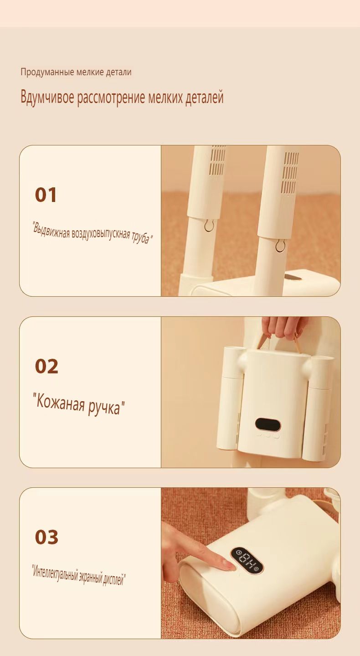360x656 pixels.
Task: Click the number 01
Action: pyautogui.click(x=46, y=195)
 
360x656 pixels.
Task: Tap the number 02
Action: pyautogui.click(x=46, y=367)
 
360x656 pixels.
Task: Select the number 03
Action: pyautogui.click(x=46, y=537)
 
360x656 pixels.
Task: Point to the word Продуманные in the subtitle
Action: pyautogui.click(x=47, y=72)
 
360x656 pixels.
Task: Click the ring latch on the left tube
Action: pyautogui.click(x=209, y=226)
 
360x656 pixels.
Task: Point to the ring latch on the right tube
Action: pyautogui.click(x=280, y=246)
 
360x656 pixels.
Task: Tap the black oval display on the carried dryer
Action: pyautogui.click(x=268, y=424)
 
